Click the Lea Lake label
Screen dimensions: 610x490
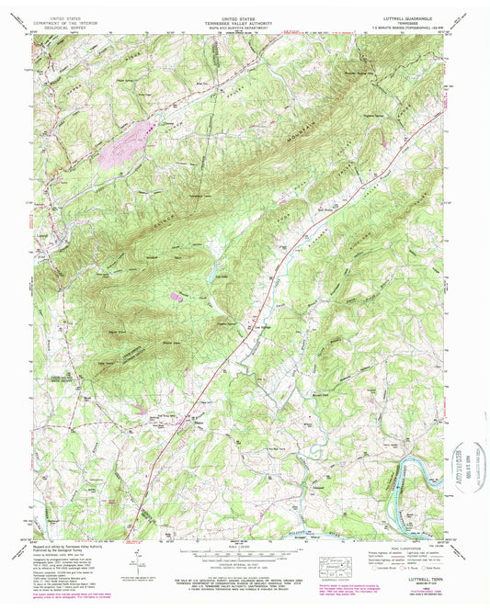[221, 273]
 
